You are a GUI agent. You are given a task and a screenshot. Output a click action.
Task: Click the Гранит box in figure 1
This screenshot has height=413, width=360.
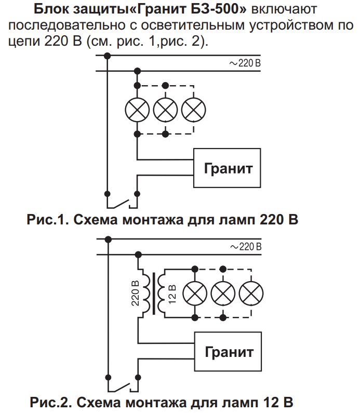click(x=227, y=168)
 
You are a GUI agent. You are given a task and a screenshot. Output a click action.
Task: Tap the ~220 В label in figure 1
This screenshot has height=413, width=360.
click(x=244, y=63)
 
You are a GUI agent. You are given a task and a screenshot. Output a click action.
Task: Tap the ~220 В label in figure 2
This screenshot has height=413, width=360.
click(x=244, y=246)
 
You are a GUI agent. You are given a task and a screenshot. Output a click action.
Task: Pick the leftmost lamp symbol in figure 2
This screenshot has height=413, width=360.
click(x=195, y=293)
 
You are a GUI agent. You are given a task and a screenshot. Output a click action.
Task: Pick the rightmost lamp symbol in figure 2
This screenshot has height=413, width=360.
click(x=251, y=293)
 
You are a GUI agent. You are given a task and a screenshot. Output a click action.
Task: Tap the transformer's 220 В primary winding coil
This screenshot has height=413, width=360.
click(x=146, y=293)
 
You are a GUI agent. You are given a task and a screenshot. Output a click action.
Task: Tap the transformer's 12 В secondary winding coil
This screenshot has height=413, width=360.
click(x=162, y=294)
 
